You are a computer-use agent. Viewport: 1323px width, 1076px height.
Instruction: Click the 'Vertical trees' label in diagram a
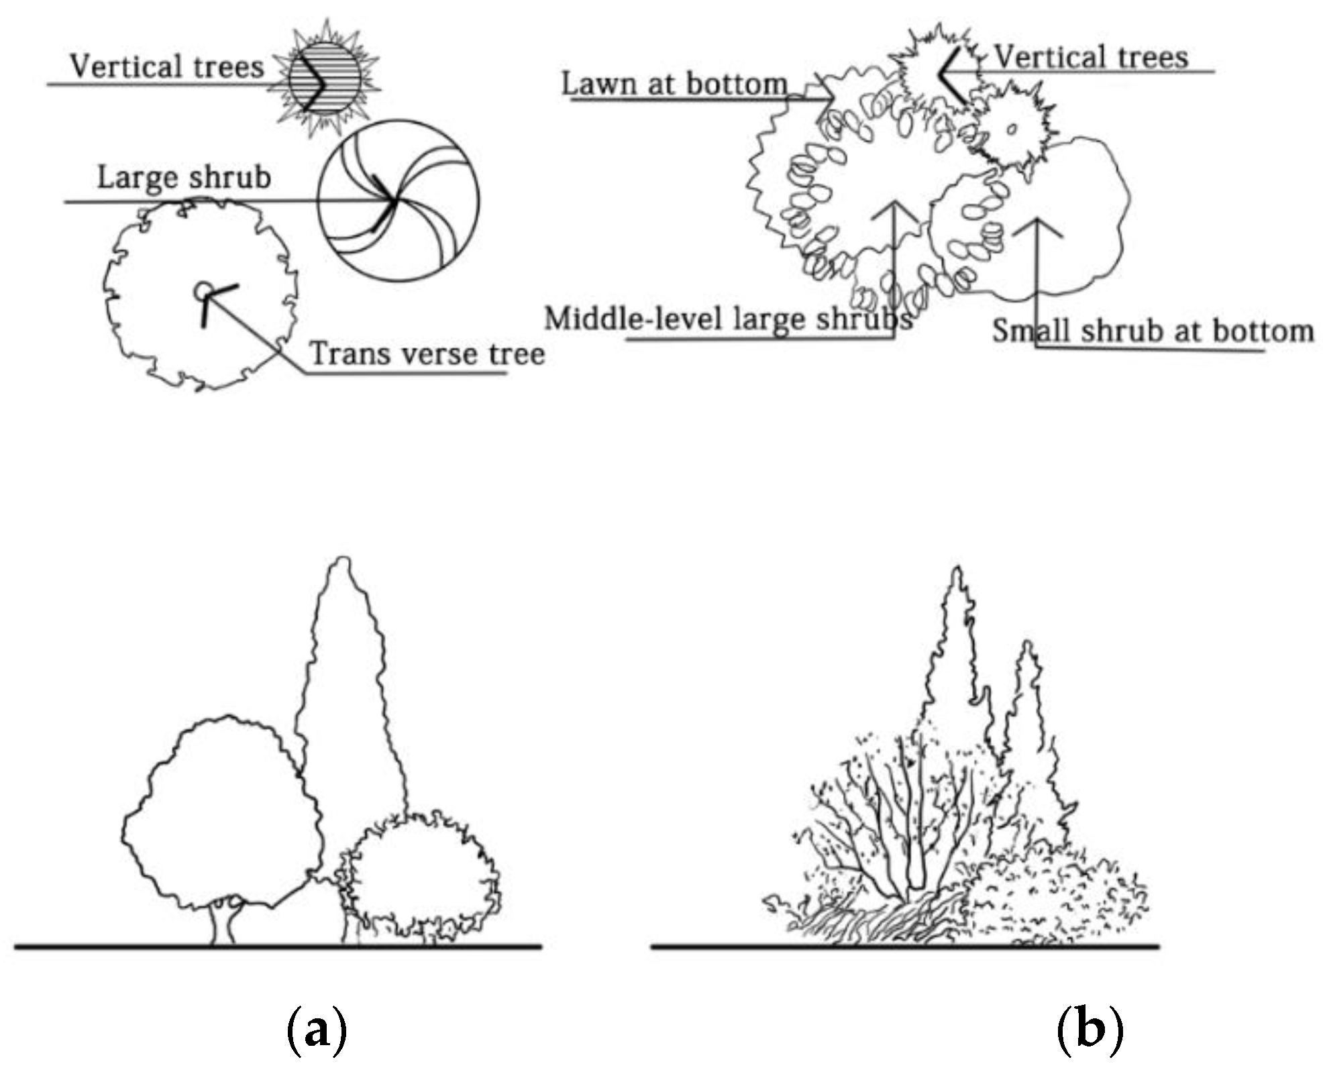pos(167,67)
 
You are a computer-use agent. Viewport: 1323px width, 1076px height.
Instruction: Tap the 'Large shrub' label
pos(184,178)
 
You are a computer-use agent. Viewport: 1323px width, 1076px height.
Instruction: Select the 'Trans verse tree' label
pos(427,354)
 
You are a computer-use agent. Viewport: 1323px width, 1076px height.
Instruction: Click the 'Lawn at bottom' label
pos(674,85)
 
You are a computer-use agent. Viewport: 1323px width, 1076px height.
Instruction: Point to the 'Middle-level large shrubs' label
pos(728,319)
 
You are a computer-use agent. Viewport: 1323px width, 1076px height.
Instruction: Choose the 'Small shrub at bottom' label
pos(1153,331)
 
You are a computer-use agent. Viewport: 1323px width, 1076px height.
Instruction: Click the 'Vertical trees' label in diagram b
pos(1091,57)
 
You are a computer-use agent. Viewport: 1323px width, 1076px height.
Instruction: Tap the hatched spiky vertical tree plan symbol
pos(325,77)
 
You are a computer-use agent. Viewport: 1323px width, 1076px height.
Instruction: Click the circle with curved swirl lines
pos(399,200)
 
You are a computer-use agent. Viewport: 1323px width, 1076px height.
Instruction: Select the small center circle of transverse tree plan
pos(202,291)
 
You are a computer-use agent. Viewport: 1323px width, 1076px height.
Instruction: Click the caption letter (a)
pos(317,1030)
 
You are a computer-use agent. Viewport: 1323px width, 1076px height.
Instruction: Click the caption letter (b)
pos(1089,1030)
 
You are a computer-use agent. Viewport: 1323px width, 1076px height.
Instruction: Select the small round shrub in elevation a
pos(423,875)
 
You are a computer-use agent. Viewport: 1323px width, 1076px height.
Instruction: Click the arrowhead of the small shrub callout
pos(1037,221)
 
